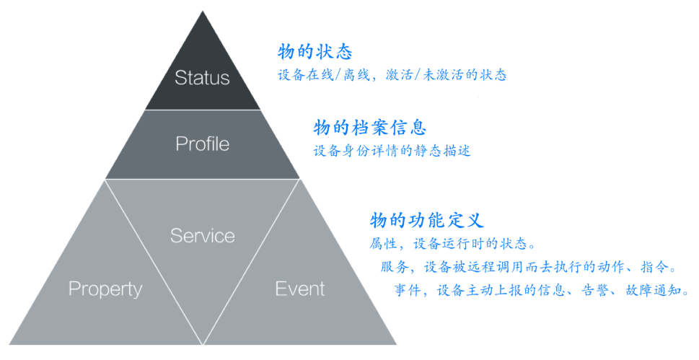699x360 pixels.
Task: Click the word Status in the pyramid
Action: (x=202, y=78)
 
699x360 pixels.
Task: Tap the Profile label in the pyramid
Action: (x=202, y=144)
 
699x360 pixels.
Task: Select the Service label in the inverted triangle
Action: (x=202, y=235)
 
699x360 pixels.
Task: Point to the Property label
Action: (x=105, y=289)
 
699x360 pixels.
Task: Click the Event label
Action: (x=299, y=289)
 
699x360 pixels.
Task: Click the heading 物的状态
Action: (x=315, y=52)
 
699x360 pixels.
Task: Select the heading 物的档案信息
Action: (x=369, y=128)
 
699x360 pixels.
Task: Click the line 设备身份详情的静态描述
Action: (x=392, y=152)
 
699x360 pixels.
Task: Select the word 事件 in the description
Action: (x=408, y=291)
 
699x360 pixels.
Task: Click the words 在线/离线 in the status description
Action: (x=337, y=75)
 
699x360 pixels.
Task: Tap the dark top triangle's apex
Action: (x=203, y=12)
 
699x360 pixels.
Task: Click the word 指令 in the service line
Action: (x=654, y=268)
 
